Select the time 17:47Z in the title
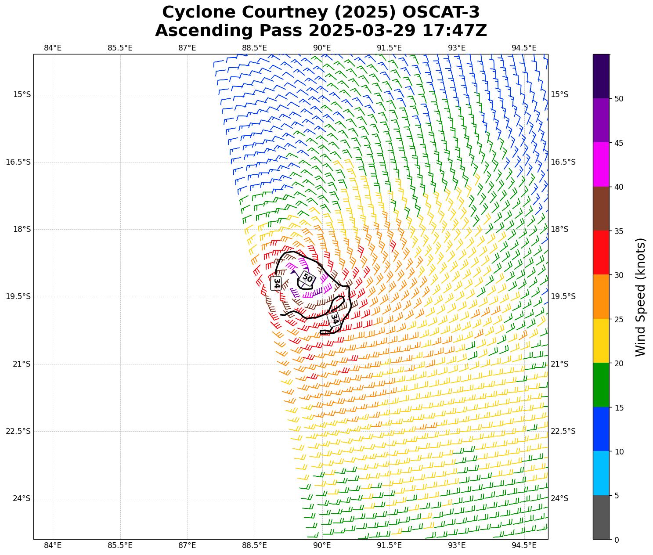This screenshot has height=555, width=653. pyautogui.click(x=455, y=31)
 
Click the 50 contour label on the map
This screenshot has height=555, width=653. pyautogui.click(x=307, y=278)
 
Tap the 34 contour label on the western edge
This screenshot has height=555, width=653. pyautogui.click(x=277, y=283)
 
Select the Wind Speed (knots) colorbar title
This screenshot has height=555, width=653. pyautogui.click(x=641, y=297)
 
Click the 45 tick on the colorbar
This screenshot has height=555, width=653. pyautogui.click(x=619, y=143)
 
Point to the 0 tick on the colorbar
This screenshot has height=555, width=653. pyautogui.click(x=617, y=540)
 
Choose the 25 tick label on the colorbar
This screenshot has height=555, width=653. pyautogui.click(x=619, y=319)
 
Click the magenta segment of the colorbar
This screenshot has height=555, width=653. pyautogui.click(x=601, y=164)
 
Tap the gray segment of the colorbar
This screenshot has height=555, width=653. pyautogui.click(x=601, y=517)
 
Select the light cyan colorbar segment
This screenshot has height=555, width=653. pyautogui.click(x=601, y=473)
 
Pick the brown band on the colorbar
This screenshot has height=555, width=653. pyautogui.click(x=601, y=209)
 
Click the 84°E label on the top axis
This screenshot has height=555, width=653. pyautogui.click(x=53, y=47)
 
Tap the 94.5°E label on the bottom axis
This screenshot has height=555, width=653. pyautogui.click(x=524, y=545)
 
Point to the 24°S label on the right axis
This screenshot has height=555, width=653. pyautogui.click(x=559, y=498)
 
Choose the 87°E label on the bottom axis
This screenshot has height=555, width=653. pyautogui.click(x=187, y=545)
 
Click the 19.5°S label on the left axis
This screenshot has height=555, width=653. pyautogui.click(x=18, y=296)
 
